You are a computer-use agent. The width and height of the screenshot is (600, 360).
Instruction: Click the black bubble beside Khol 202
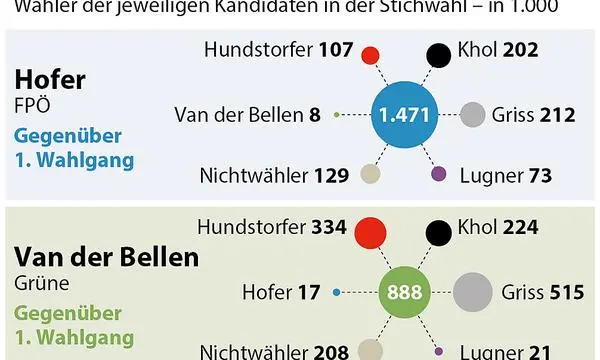tap(437, 55)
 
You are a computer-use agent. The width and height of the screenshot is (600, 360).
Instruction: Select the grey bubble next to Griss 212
tap(472, 114)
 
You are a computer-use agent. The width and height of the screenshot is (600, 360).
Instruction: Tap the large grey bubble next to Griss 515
tap(472, 293)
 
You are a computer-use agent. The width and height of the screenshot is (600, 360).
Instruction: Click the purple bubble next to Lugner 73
tap(438, 174)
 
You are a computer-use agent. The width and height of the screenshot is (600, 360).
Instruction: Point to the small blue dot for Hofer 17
tap(337, 293)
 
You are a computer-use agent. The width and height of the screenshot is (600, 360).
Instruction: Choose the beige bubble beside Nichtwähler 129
tap(371, 174)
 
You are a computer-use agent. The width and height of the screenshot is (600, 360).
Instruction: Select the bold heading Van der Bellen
tap(106, 257)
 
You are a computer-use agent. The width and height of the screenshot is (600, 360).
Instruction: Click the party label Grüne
tap(37, 282)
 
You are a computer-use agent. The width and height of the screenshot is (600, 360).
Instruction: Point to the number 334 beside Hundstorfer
tap(328, 228)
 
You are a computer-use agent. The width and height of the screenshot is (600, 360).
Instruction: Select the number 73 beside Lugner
tap(539, 176)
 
